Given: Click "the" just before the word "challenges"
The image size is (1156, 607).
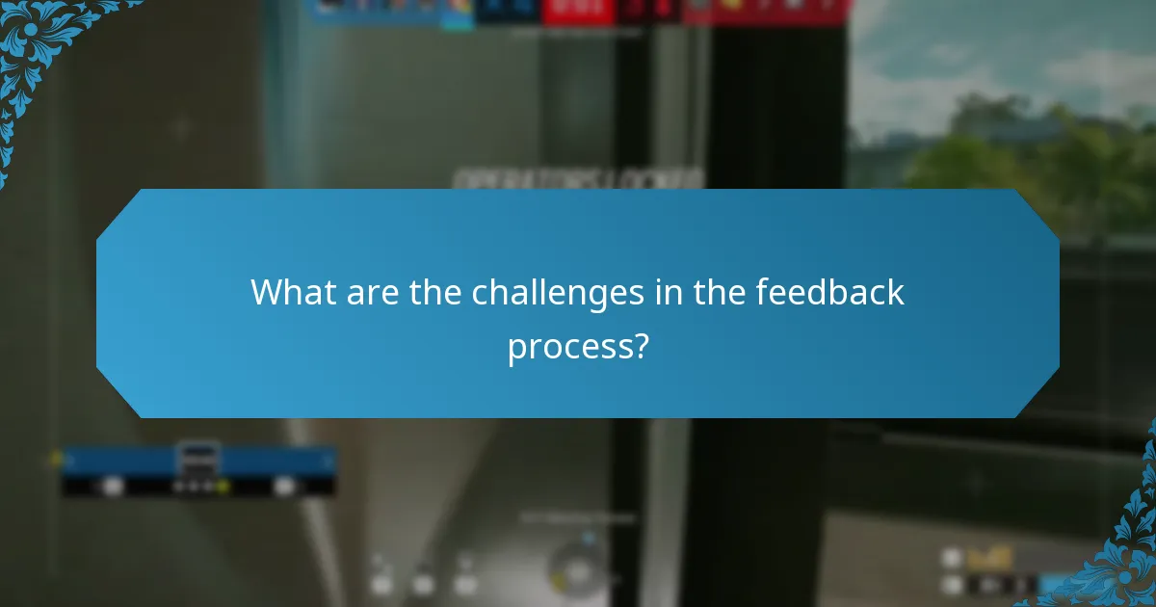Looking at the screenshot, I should (434, 292).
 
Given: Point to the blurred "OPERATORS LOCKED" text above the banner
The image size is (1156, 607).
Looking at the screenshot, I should (578, 179).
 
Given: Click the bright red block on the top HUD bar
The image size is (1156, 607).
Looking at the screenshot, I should (576, 11).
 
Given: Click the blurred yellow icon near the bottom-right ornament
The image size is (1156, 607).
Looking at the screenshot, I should (989, 557).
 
